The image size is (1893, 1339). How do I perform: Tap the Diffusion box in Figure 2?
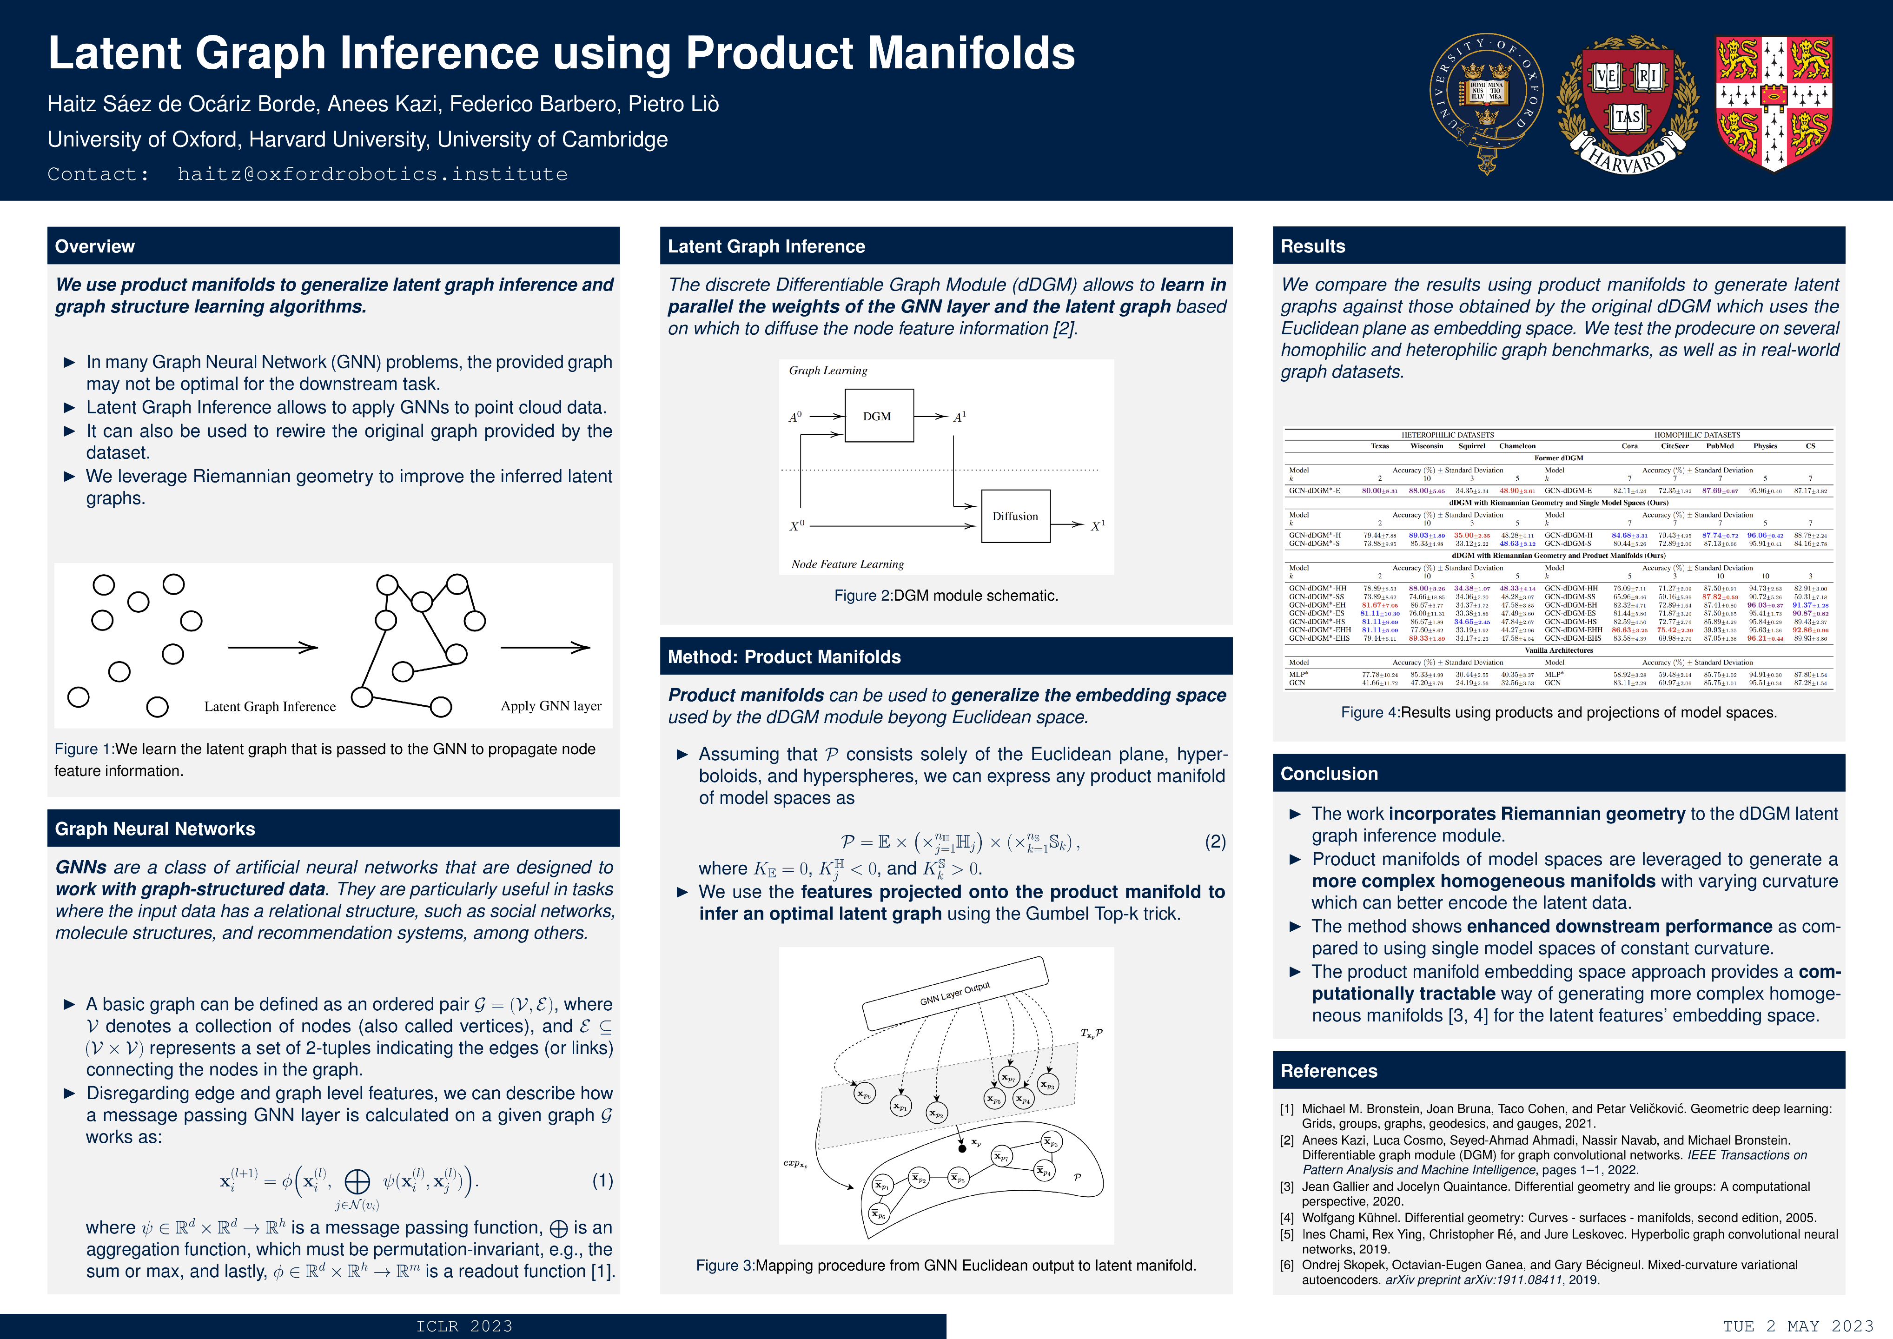click(1015, 516)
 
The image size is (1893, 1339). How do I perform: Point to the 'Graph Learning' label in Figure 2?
click(828, 370)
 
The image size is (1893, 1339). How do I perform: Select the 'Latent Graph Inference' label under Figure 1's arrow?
click(270, 707)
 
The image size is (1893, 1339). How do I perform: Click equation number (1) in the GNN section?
click(602, 1181)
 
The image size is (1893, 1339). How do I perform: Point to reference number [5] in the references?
click(1287, 1234)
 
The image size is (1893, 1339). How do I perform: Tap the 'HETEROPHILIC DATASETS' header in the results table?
click(1447, 435)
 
